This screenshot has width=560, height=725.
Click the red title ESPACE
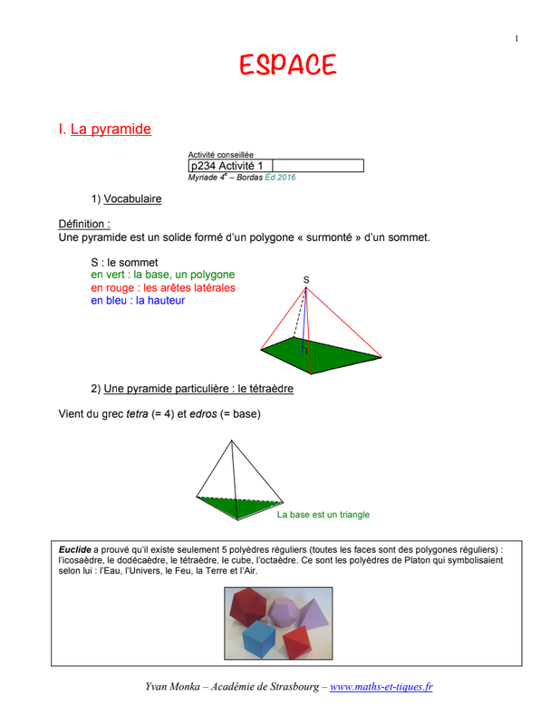(287, 65)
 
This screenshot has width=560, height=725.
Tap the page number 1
(517, 38)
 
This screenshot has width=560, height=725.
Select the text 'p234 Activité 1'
(227, 166)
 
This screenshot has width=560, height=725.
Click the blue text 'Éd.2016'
(280, 177)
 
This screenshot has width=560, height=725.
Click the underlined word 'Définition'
(83, 223)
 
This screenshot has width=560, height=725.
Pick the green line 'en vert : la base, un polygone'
(162, 275)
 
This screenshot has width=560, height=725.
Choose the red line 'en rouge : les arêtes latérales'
(162, 287)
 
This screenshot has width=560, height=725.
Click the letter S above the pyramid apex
(305, 280)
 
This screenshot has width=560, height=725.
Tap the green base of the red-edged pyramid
(326, 354)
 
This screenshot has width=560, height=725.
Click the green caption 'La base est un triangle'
(323, 515)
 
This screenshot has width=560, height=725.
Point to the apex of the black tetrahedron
(234, 441)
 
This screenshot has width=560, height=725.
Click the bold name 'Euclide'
(74, 549)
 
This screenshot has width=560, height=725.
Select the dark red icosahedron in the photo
(251, 605)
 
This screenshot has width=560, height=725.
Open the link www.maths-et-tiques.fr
(381, 687)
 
